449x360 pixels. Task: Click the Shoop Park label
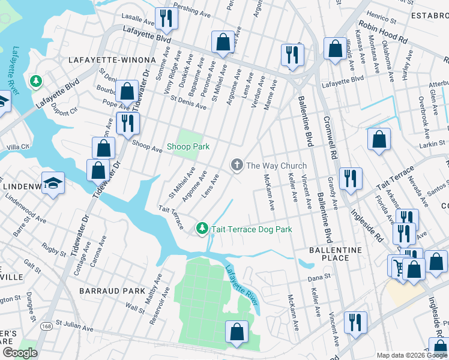(x=188, y=147)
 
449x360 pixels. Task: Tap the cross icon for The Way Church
(x=237, y=165)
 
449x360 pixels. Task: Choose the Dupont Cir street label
(x=65, y=111)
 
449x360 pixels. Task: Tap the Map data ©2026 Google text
(x=412, y=355)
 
